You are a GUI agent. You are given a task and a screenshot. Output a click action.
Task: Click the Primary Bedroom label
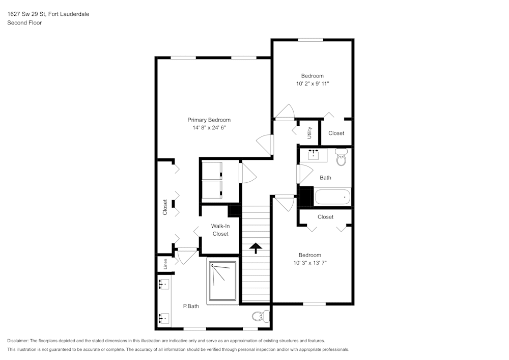[x=209, y=120]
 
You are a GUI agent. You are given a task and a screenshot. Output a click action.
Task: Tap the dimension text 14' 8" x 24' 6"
[x=209, y=128]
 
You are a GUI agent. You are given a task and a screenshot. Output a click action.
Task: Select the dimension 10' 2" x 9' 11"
[x=313, y=84]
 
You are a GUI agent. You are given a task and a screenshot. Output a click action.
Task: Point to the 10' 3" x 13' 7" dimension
[x=310, y=263]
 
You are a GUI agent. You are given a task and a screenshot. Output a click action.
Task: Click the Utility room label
[x=309, y=133]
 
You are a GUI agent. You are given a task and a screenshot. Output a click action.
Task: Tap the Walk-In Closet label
[x=220, y=230]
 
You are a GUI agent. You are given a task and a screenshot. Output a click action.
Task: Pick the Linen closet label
[x=165, y=264]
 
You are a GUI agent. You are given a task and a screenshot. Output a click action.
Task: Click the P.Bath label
[x=191, y=306]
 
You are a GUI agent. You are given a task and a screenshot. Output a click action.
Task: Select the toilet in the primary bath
[x=261, y=316]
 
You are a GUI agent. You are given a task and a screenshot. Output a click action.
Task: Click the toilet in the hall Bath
[x=341, y=157]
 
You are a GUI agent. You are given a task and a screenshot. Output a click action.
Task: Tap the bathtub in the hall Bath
[x=332, y=197]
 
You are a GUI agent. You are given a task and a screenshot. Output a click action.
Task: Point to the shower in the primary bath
[x=223, y=281]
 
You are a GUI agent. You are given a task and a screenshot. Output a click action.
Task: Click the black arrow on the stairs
[x=256, y=248]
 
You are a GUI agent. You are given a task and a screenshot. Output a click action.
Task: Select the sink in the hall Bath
[x=313, y=155]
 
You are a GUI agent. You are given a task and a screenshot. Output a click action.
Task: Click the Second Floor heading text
[x=24, y=23]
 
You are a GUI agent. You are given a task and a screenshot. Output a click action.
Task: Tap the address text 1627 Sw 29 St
[x=26, y=14]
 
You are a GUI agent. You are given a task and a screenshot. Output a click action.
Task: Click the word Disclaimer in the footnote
[x=18, y=341]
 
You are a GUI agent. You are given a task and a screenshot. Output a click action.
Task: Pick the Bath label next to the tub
[x=325, y=178]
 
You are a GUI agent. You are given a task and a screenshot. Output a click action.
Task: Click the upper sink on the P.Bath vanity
[x=164, y=284]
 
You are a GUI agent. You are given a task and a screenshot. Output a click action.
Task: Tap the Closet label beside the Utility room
[x=336, y=133]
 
